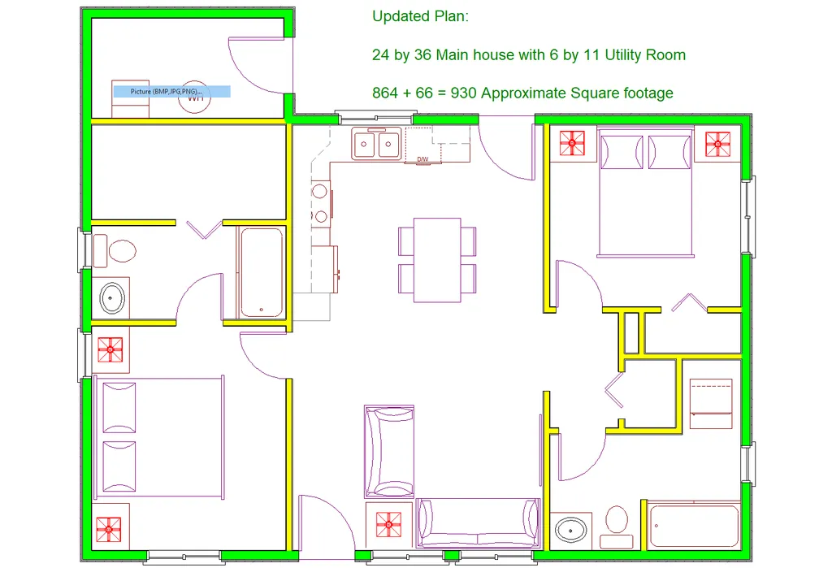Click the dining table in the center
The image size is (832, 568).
click(436, 260)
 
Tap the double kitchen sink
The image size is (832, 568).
click(376, 143)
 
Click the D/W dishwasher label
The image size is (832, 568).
click(422, 159)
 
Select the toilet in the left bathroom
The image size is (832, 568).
click(115, 251)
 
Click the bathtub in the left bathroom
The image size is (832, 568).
click(261, 272)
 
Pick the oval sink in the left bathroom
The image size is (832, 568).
click(112, 298)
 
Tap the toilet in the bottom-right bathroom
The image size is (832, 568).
click(617, 527)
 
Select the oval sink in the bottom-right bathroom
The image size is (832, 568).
click(571, 530)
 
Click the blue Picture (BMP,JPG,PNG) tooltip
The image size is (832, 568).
click(172, 91)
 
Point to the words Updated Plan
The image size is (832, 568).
click(420, 16)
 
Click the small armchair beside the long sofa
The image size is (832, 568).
click(389, 451)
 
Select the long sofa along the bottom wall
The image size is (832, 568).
click(478, 522)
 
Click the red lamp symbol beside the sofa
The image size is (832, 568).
click(388, 524)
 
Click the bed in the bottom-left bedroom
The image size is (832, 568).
click(159, 437)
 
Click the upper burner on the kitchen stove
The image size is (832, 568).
click(319, 191)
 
